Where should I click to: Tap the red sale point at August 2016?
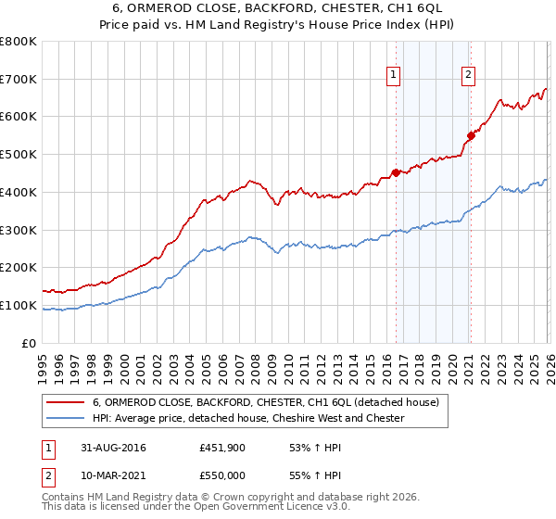point(396,171)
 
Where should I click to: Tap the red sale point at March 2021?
point(471,135)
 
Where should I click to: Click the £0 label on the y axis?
point(29,344)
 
